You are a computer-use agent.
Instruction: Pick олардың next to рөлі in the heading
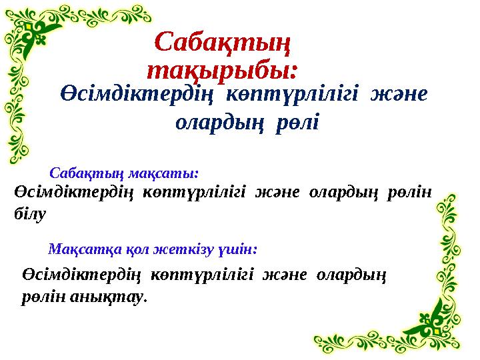tap(220, 123)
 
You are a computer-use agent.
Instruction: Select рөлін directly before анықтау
tap(37, 297)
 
